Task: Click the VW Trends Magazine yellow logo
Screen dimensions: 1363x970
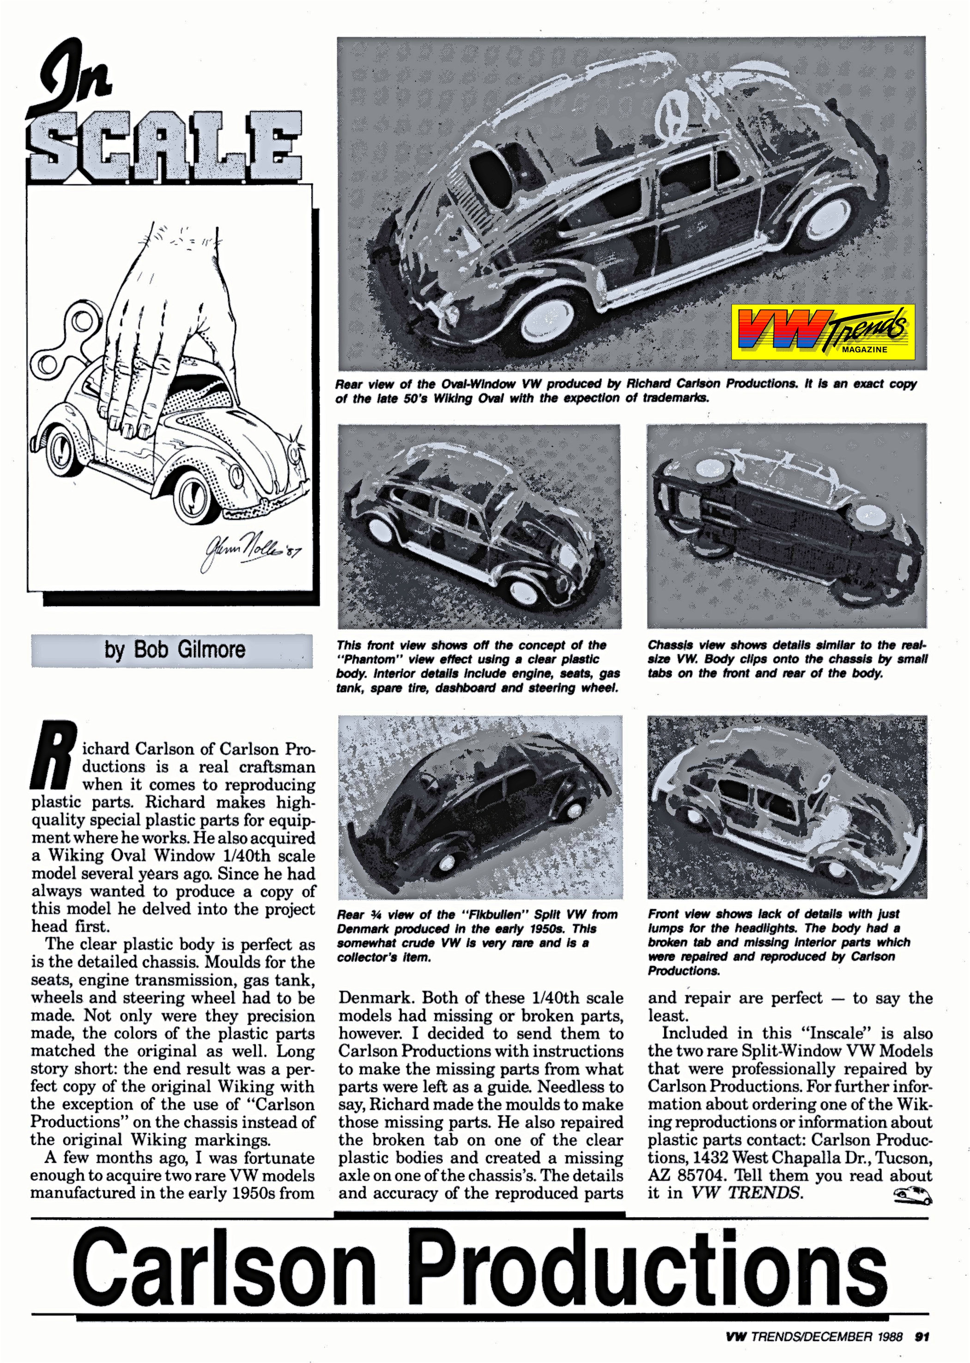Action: pyautogui.click(x=823, y=332)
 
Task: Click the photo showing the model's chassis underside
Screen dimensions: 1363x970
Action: pyautogui.click(x=787, y=526)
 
